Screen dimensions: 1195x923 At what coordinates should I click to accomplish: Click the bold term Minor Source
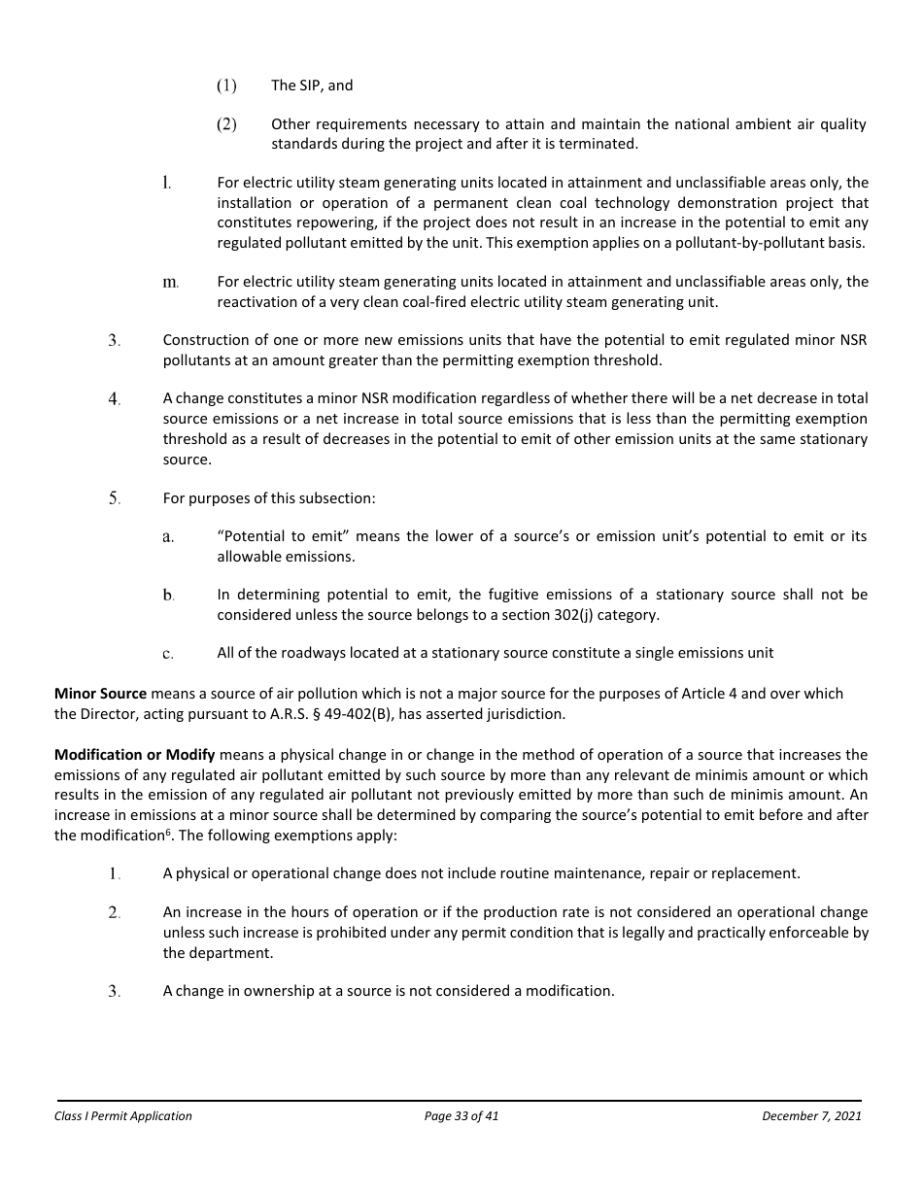tap(100, 694)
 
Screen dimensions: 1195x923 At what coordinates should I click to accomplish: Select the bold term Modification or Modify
tap(135, 755)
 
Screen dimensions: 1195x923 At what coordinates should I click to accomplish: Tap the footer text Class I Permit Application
tap(123, 1116)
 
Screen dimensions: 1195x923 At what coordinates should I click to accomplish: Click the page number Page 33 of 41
tap(461, 1116)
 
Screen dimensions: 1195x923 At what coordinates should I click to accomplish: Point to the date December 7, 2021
tap(811, 1116)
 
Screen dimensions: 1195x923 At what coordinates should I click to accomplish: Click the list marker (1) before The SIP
tap(225, 85)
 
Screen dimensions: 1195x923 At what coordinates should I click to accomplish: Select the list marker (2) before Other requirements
tap(225, 124)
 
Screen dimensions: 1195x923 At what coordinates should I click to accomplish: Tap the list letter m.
tap(171, 283)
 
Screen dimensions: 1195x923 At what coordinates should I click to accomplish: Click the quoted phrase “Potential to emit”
tap(277, 537)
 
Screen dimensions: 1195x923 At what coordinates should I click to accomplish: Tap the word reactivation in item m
tap(256, 302)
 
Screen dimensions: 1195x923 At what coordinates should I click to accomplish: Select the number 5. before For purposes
tap(115, 498)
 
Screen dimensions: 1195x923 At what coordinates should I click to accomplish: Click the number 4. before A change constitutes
tap(115, 399)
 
